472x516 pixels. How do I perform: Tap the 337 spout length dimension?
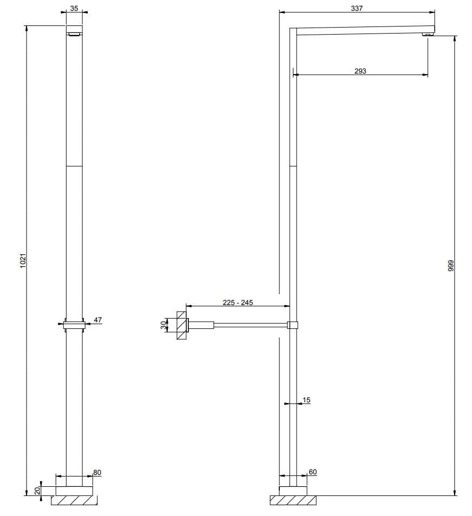point(357,8)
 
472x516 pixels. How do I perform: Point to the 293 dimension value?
point(360,71)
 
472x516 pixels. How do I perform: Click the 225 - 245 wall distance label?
point(238,303)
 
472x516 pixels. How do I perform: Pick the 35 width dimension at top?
point(75,9)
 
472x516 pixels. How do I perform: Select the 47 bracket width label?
point(97,320)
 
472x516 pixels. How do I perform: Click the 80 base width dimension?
point(97,472)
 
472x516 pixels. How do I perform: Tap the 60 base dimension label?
point(312,472)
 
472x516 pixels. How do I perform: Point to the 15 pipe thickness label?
point(306,400)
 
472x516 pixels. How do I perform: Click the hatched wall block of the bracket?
point(182,325)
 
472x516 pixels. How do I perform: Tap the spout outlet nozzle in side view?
point(428,35)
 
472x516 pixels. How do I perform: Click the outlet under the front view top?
point(75,34)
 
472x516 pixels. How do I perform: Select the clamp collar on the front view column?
point(74,325)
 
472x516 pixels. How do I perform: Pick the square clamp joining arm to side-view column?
point(293,325)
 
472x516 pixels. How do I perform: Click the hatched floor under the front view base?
point(74,500)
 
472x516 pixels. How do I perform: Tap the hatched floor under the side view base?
point(293,500)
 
